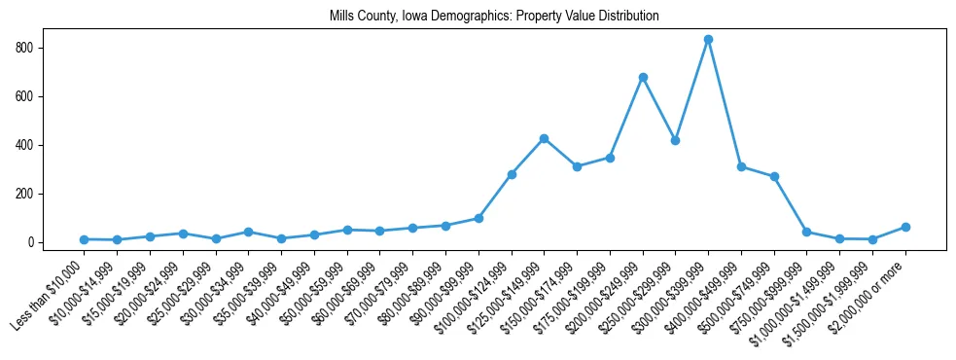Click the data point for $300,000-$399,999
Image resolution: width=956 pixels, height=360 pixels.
coord(708,40)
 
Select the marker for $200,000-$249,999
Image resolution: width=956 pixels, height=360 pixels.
coord(643,77)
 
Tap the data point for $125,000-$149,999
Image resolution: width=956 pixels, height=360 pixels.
coord(544,138)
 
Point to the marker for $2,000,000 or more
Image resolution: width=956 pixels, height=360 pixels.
coord(905,227)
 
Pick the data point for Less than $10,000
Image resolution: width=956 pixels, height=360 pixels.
coord(85,239)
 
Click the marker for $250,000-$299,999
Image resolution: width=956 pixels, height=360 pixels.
coord(676,140)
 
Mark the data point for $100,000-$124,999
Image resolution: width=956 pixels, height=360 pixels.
coord(512,174)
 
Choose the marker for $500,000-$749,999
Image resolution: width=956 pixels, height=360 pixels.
coord(774,177)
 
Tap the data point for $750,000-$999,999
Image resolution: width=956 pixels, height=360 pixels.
coord(807,232)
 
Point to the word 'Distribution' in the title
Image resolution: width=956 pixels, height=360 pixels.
coord(628,17)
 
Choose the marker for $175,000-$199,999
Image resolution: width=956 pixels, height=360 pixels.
coord(610,158)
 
